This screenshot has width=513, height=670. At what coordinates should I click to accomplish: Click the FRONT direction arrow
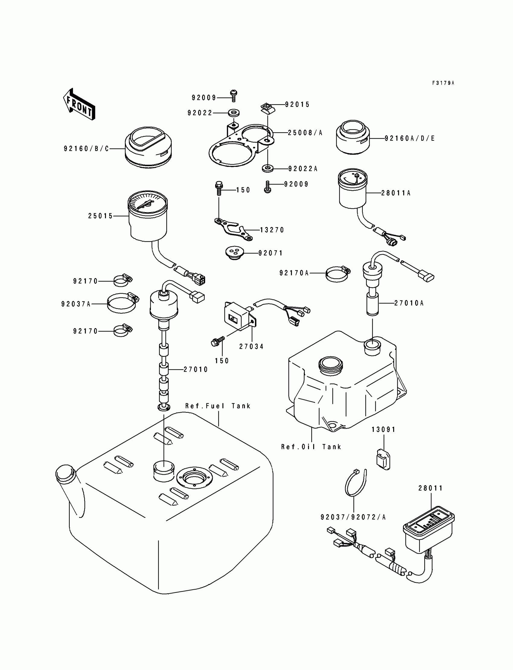(x=79, y=104)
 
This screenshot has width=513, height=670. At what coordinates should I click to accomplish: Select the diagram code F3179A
(x=443, y=83)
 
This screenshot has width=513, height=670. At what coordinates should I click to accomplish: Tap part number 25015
(x=100, y=216)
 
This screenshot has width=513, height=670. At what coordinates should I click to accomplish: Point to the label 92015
(x=298, y=105)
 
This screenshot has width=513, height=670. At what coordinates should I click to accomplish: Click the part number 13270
(x=272, y=230)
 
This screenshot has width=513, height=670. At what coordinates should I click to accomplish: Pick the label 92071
(x=271, y=253)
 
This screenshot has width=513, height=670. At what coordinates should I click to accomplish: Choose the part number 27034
(x=251, y=346)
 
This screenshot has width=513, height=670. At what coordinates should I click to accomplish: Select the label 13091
(x=384, y=430)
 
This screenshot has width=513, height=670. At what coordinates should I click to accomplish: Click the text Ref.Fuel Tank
(x=218, y=406)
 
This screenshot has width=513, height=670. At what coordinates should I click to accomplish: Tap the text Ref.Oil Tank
(x=311, y=447)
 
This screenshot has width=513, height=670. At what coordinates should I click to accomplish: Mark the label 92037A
(x=76, y=304)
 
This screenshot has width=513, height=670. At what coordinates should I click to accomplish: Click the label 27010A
(x=409, y=303)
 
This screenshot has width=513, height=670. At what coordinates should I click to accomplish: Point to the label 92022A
(x=303, y=169)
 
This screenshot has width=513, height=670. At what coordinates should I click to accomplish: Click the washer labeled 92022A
(x=268, y=168)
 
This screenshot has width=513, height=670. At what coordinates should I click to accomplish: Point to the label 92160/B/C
(x=86, y=149)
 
